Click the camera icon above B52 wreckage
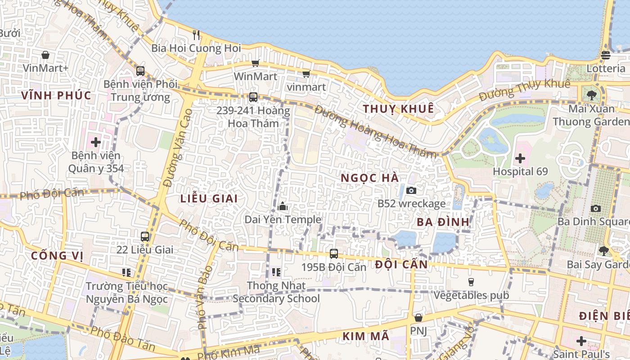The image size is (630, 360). pos(411,190)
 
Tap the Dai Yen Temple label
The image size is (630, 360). pos(283,220)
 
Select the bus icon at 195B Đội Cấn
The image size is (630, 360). pos(333,254)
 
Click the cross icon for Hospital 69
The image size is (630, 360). pos(520,158)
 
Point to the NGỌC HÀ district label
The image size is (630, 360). pos(369,178)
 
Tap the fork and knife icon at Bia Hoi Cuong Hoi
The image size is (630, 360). pos(196,35)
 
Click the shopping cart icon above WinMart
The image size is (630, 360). pos(256,63)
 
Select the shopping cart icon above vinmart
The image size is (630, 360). pos(306,74)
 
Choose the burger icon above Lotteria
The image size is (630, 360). pos(605,55)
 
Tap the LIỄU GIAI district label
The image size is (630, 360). pos(209,198)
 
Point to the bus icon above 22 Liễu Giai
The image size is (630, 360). pos(145,236)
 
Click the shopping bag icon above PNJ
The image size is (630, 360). pos(418,318)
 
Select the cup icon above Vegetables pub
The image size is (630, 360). pos(471,282)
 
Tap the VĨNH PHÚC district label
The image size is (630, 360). pos(56,95)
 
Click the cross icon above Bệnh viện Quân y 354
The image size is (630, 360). pos(95,142)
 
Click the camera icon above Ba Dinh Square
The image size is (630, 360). pos(596,208)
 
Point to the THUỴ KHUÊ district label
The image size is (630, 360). pos(398,109)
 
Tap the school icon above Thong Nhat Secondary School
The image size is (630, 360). pos(276,272)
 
